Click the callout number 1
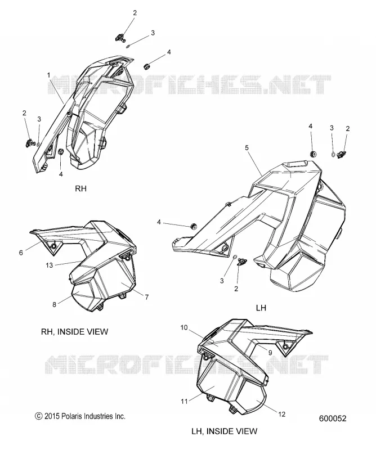click(48, 75)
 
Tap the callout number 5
click(247, 148)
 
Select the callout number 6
click(21, 253)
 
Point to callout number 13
click(50, 265)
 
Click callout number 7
click(147, 297)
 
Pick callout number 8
click(54, 304)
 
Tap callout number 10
click(184, 327)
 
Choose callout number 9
click(270, 353)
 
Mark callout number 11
click(184, 402)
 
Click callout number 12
click(282, 414)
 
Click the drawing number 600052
click(333, 418)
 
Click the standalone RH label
click(80, 188)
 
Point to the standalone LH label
click(261, 308)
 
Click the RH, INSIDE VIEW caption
click(75, 332)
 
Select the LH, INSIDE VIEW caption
click(225, 431)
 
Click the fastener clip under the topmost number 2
click(121, 37)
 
